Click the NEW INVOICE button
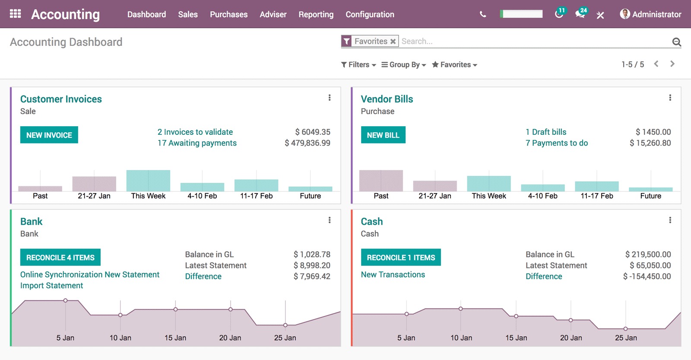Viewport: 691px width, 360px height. [49, 135]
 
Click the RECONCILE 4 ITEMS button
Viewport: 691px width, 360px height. [60, 258]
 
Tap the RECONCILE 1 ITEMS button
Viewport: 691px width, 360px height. [400, 258]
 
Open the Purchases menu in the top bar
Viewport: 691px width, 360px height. [228, 14]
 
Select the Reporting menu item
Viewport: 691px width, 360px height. [316, 14]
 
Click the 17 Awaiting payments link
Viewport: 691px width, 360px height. [197, 143]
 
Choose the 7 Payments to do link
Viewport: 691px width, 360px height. [556, 143]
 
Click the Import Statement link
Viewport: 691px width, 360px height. [51, 286]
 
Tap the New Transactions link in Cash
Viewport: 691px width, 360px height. [393, 274]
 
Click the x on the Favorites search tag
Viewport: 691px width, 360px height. [393, 41]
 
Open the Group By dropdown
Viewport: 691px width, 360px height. [404, 65]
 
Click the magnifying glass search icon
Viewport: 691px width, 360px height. [676, 42]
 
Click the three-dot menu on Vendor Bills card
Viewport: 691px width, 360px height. [670, 98]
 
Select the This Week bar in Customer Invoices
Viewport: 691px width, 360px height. [148, 181]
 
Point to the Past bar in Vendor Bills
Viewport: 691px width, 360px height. [381, 181]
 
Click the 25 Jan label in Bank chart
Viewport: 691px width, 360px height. [285, 338]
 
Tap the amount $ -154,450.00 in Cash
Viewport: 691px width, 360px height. [647, 277]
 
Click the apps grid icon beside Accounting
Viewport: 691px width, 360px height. [15, 14]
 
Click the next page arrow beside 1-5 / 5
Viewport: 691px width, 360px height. [672, 64]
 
